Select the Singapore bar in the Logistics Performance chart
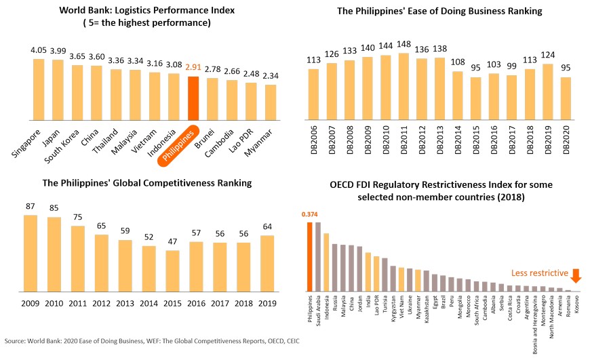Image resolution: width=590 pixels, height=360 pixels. (38, 89)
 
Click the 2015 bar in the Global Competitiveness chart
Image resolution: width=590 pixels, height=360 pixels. (173, 271)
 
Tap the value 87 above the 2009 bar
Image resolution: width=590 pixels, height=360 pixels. (31, 207)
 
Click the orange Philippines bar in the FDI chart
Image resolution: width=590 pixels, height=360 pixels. (310, 257)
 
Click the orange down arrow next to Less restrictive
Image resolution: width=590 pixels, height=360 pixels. (576, 276)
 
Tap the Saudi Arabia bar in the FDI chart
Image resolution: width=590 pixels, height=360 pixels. (318, 257)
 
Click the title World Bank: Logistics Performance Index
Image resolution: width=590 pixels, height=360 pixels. (137, 12)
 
